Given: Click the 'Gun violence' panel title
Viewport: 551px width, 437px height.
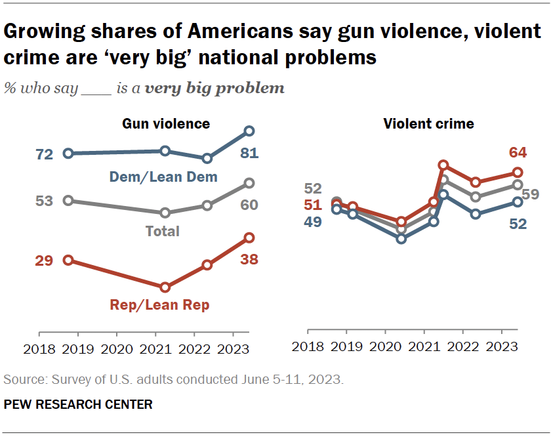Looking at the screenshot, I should [166, 123].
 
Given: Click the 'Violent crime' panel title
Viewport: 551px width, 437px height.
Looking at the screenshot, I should [429, 123].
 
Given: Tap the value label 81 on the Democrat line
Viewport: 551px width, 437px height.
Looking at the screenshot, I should [249, 154].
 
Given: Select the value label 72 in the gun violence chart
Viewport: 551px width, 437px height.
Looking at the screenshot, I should [44, 154].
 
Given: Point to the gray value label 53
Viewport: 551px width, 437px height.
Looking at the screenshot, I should [44, 201].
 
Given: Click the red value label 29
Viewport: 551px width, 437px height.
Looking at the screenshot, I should [44, 261].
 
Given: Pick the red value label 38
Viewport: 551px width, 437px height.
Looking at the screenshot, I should [249, 259].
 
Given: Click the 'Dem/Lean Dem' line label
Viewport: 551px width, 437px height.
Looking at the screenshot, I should [173, 177].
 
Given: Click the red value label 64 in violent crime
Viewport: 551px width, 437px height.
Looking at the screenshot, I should [518, 153].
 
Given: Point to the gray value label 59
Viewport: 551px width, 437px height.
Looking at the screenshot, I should [531, 194].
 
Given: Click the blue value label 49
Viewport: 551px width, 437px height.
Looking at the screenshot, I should [312, 222].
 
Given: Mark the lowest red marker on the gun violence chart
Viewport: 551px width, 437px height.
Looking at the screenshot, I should [165, 287].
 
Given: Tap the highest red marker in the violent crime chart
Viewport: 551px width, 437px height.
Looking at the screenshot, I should [443, 165].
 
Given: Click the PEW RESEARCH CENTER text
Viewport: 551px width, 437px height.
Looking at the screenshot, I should [78, 405].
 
